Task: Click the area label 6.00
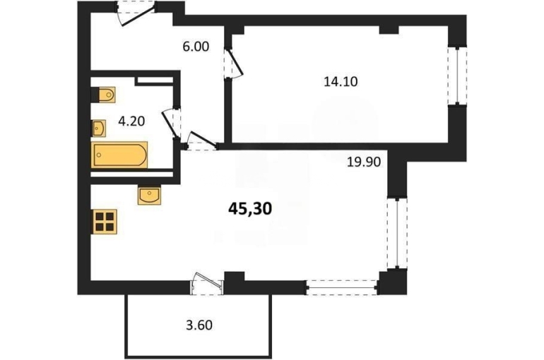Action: coord(196,47)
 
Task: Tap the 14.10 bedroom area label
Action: coord(341,82)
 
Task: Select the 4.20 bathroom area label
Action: coord(131,121)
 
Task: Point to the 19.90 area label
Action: coord(364,162)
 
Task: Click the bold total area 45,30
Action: coord(250,209)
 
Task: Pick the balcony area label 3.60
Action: coord(199,325)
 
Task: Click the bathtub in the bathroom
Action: coord(119,155)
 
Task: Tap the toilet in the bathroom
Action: coord(103,95)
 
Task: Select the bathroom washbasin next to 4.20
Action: coord(98,128)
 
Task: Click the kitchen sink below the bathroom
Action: coord(149,196)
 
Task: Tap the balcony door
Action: coord(207,284)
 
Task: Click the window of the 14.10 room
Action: coord(457,76)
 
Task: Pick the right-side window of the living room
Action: coord(397,233)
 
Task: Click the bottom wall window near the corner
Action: coord(341,287)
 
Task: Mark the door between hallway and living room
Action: coord(201,141)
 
